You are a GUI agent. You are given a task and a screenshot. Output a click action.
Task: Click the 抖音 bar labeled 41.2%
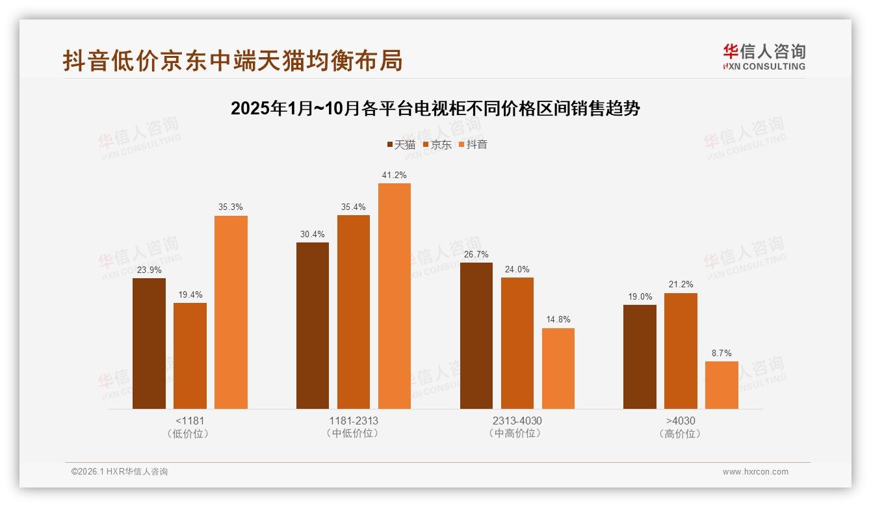(x=395, y=296)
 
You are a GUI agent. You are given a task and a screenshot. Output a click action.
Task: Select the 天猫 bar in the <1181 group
(x=149, y=343)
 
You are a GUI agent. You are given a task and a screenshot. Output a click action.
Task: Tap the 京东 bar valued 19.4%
(x=190, y=356)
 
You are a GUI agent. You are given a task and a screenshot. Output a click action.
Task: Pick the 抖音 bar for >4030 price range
(x=721, y=385)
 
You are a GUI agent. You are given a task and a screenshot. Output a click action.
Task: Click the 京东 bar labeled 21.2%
(x=681, y=351)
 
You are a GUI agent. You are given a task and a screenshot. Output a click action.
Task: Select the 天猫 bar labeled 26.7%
(x=476, y=335)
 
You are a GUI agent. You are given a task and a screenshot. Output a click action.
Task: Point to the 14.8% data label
(x=558, y=319)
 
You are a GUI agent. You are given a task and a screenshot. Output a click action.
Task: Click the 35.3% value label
(x=231, y=207)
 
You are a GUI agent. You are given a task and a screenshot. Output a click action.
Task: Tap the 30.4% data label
(x=313, y=234)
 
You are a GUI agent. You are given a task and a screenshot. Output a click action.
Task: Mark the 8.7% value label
(x=721, y=353)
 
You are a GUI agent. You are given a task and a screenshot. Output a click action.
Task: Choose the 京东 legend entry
(x=437, y=145)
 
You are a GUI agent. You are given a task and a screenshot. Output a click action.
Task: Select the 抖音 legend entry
(x=473, y=145)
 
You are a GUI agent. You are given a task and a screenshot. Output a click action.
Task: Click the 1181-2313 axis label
(x=354, y=421)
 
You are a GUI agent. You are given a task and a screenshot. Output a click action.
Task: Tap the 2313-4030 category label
(x=517, y=421)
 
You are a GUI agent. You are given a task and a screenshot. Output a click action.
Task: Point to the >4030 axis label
(x=681, y=421)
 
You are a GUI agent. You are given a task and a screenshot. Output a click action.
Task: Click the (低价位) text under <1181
(x=190, y=434)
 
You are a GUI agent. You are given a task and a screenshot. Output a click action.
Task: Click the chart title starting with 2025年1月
(x=435, y=109)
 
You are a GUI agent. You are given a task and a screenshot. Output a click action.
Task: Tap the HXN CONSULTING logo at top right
(x=764, y=57)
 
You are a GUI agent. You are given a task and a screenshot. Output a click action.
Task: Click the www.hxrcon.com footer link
(x=755, y=472)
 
